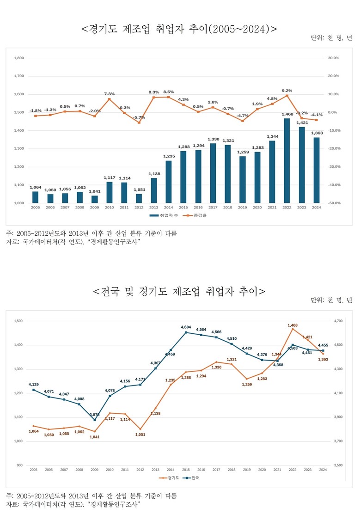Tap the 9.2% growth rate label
pyautogui.click(x=287, y=91)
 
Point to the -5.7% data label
pyautogui.click(x=139, y=117)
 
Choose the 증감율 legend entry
pyautogui.click(x=189, y=215)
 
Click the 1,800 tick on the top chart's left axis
pyautogui.click(x=19, y=58)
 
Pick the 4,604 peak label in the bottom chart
pyautogui.click(x=186, y=327)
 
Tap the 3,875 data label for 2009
pyautogui.click(x=95, y=415)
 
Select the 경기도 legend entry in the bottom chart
pyautogui.click(x=166, y=478)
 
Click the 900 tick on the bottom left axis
pyautogui.click(x=19, y=465)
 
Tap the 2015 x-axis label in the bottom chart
pyautogui.click(x=185, y=470)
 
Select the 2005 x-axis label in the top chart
pyautogui.click(x=35, y=208)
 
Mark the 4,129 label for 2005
pyautogui.click(x=33, y=385)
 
